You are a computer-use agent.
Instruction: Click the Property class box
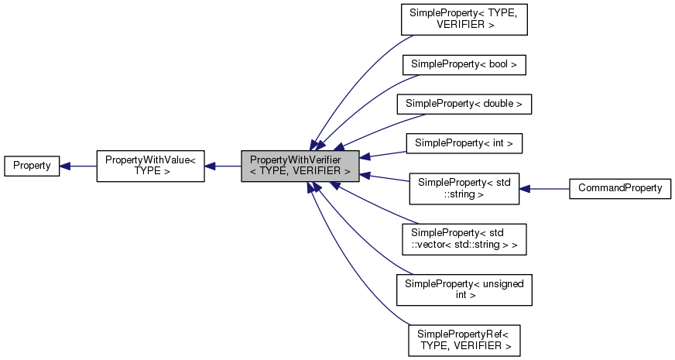(32, 166)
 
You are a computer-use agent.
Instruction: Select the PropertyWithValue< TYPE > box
(150, 166)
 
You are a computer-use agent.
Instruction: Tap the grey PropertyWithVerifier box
(300, 166)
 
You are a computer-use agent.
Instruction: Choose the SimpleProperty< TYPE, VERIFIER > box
(464, 19)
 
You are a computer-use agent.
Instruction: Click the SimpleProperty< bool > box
(464, 64)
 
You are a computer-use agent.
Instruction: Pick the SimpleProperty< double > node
(464, 103)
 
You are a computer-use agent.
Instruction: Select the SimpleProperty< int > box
(464, 142)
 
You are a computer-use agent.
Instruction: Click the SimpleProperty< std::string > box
(464, 188)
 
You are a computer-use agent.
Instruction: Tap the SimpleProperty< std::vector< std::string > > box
(464, 239)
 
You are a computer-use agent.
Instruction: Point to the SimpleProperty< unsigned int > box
(464, 290)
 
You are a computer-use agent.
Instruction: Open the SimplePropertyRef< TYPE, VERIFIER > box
(464, 338)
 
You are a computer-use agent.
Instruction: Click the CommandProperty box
(619, 188)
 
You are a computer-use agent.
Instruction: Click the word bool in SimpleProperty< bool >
(498, 64)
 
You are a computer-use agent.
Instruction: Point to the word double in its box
(502, 103)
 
